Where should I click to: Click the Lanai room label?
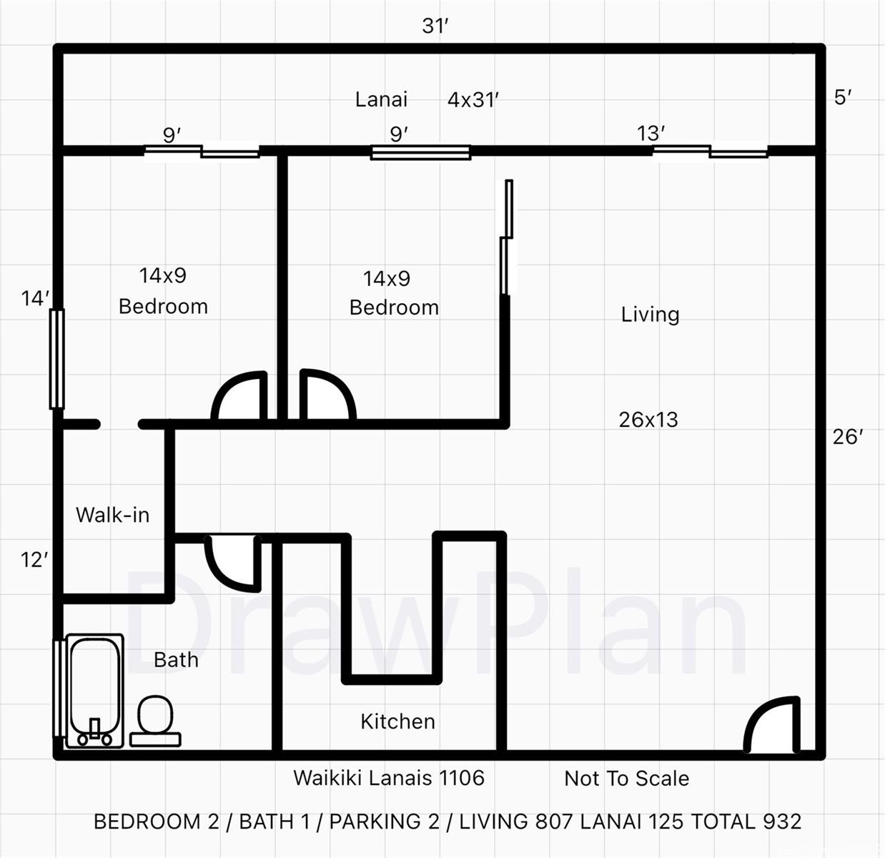click(x=381, y=99)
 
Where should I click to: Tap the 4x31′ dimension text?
click(x=473, y=100)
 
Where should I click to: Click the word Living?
click(x=651, y=315)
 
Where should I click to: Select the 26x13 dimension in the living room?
click(x=648, y=420)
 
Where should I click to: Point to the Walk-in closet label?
click(x=113, y=515)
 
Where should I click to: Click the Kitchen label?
click(x=398, y=721)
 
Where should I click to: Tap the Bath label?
click(x=177, y=660)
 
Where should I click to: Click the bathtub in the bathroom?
click(x=94, y=691)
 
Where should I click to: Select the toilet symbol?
click(x=156, y=721)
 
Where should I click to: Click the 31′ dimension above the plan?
click(x=435, y=26)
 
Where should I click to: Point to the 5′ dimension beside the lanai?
click(x=843, y=97)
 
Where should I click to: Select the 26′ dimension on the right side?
click(x=848, y=437)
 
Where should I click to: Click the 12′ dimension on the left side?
click(x=34, y=560)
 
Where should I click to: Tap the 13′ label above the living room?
click(x=651, y=134)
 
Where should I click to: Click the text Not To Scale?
click(x=627, y=779)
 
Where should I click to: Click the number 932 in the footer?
click(x=782, y=822)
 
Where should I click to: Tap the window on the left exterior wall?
click(x=57, y=359)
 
